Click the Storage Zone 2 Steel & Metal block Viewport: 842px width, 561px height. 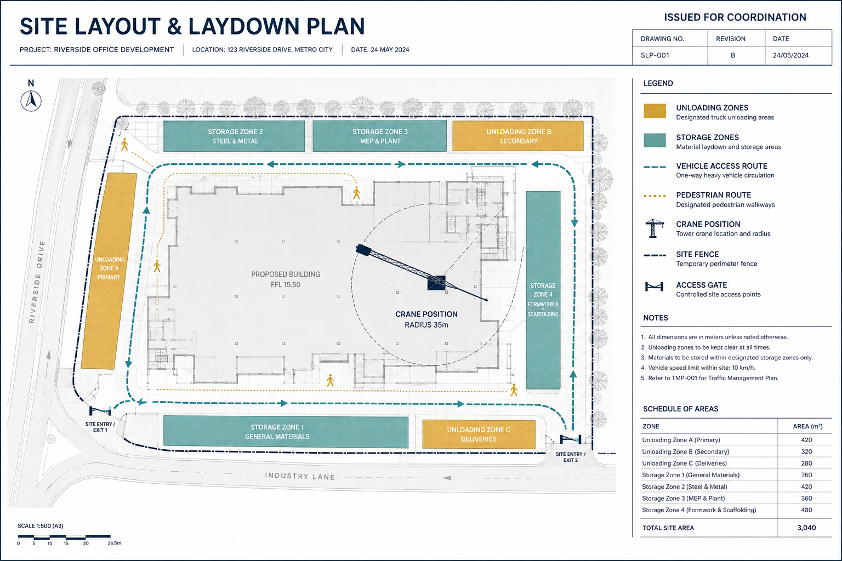(x=234, y=136)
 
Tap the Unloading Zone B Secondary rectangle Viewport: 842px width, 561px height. (x=518, y=136)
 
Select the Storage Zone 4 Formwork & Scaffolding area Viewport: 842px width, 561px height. (x=543, y=290)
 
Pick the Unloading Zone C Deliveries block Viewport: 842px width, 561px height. (x=479, y=434)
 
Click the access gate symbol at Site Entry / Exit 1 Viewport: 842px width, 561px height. (x=100, y=411)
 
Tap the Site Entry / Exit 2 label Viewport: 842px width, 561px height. (x=571, y=457)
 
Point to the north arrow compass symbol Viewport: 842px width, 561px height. (x=31, y=101)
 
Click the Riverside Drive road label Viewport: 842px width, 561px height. (x=37, y=282)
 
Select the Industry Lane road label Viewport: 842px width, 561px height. (x=300, y=476)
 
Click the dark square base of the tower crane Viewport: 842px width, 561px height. (x=436, y=283)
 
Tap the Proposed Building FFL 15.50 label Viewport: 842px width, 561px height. (x=286, y=279)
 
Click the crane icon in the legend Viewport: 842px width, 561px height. (x=654, y=228)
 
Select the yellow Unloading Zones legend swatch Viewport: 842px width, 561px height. (x=655, y=111)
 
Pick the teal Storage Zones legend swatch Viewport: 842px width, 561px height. (x=655, y=140)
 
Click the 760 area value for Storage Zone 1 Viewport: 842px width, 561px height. (x=807, y=475)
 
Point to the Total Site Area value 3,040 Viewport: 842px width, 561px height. (x=807, y=528)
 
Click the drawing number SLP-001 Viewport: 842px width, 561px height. (x=655, y=55)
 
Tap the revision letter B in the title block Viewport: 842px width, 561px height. (x=732, y=55)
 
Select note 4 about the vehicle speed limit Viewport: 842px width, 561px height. (x=698, y=368)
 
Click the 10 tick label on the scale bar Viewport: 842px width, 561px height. (x=50, y=543)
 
